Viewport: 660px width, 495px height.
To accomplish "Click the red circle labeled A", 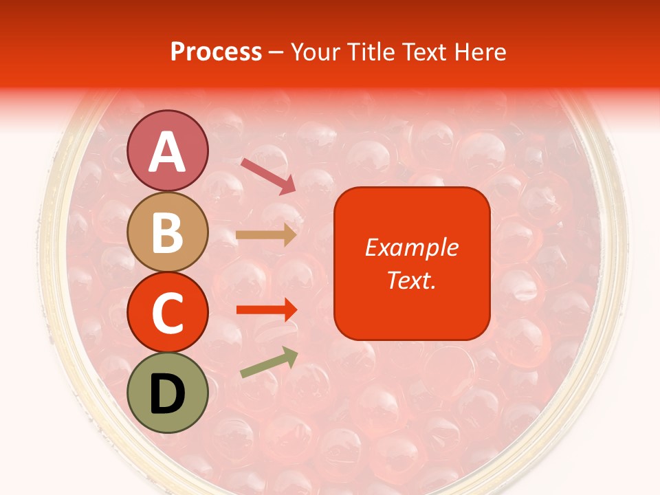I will click(x=167, y=151).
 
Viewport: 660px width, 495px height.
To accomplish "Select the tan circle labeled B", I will click(x=167, y=232).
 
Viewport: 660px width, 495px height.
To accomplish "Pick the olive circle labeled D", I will click(x=167, y=393).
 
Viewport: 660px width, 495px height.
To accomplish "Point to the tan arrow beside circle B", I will click(x=265, y=235).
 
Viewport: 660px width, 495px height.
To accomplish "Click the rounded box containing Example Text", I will click(x=411, y=263).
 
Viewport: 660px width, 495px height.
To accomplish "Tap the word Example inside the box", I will click(x=411, y=247).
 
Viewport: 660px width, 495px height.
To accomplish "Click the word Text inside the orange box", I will click(x=410, y=280).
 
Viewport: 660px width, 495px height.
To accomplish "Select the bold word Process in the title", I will click(x=216, y=52).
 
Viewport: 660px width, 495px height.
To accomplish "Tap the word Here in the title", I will click(x=483, y=52).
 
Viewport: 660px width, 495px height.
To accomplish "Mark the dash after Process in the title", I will click(x=276, y=53).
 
